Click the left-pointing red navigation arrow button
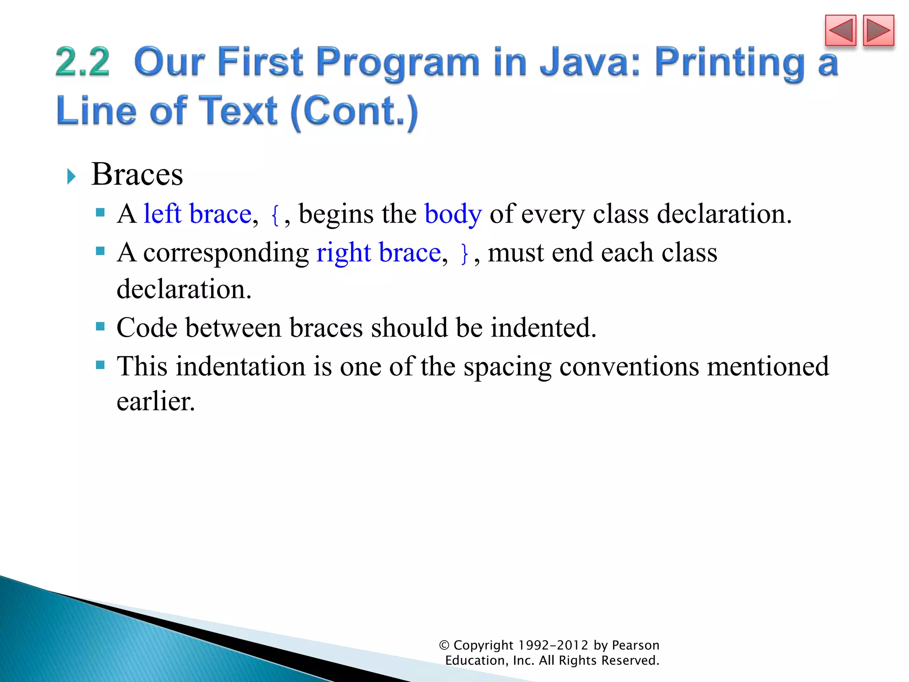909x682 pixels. tap(840, 31)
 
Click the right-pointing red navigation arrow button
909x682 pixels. tap(878, 31)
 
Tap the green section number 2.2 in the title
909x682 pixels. tap(83, 62)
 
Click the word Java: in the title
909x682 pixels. tap(589, 62)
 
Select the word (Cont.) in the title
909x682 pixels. tap(354, 111)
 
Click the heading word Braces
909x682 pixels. tap(137, 174)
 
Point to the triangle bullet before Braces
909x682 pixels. tap(71, 176)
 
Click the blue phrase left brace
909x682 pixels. tap(198, 214)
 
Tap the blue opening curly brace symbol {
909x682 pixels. tap(275, 215)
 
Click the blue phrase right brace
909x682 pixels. tap(378, 253)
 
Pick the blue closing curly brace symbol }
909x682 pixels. tap(464, 254)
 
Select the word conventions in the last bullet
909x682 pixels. tap(629, 367)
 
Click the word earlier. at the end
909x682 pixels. tap(156, 401)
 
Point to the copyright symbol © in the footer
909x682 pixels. tap(444, 645)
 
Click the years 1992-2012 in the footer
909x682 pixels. tap(553, 645)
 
